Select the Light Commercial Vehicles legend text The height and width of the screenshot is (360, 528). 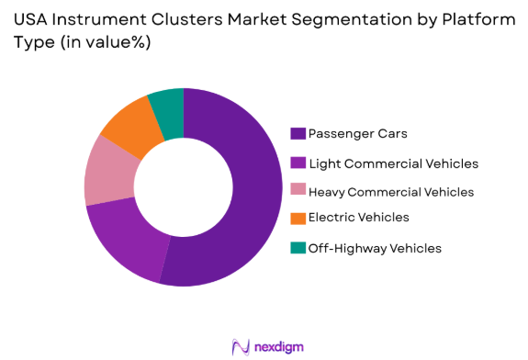[x=393, y=163]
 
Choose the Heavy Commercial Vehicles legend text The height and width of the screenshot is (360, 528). [x=391, y=192]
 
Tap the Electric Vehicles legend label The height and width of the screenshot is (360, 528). [x=359, y=218]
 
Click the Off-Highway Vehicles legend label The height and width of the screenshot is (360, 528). [x=375, y=248]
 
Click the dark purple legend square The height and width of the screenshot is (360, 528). [x=298, y=134]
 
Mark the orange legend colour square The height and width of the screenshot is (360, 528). [x=298, y=218]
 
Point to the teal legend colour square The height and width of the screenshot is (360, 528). [x=298, y=248]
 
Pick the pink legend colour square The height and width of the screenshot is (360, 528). [x=298, y=191]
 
